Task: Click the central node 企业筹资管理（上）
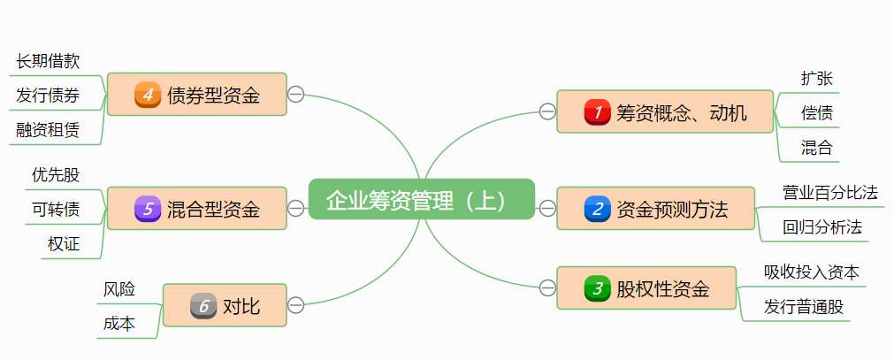pos(422,201)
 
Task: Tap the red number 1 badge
pos(598,112)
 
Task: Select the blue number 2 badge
pos(598,210)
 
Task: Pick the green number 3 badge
pos(598,288)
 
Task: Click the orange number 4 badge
pos(148,95)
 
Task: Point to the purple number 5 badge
pos(148,210)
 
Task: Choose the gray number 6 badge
pos(203,306)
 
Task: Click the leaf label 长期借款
pos(48,61)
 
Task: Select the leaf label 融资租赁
pos(48,130)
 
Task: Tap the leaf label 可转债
pos(56,209)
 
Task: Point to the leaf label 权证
pos(64,244)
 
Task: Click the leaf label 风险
pos(119,289)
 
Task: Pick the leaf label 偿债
pos(816,113)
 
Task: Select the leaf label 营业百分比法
pos(830,192)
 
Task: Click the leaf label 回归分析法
pos(822,227)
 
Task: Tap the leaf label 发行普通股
pos(804,307)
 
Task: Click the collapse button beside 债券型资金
pos(296,95)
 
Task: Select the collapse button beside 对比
pos(296,305)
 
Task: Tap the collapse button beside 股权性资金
pos(547,287)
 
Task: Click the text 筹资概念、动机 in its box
pos(682,112)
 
